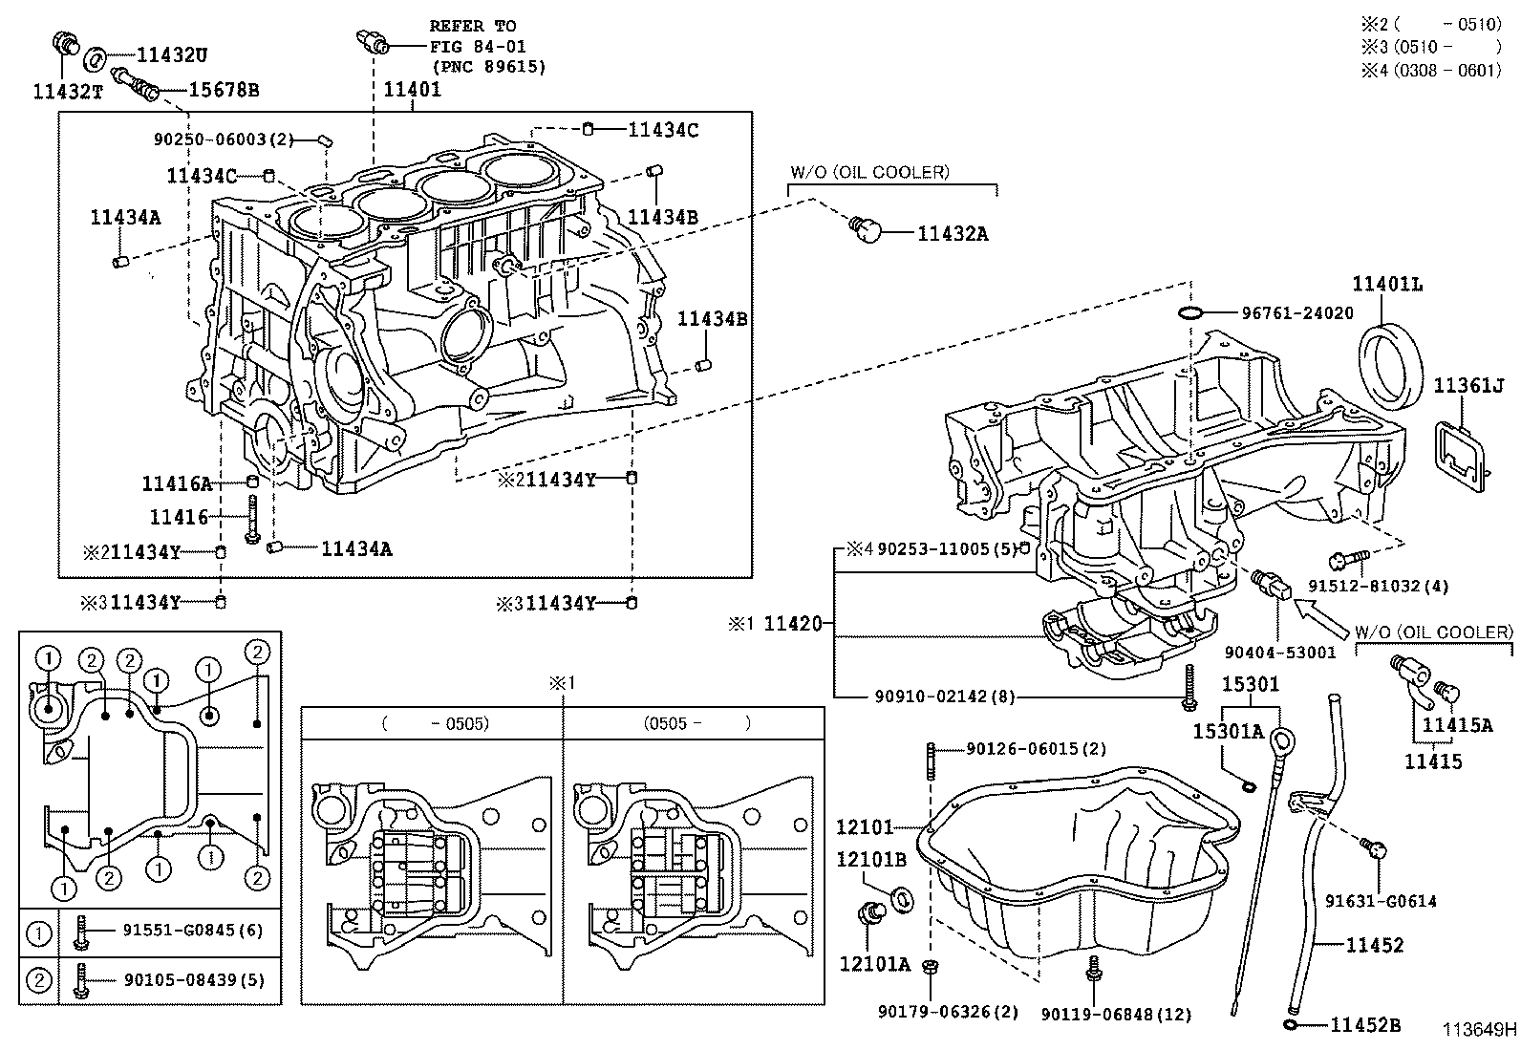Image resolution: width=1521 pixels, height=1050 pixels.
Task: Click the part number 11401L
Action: tap(1386, 284)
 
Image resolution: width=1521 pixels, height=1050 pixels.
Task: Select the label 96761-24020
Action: tap(1297, 312)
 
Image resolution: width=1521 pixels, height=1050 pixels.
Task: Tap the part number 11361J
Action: tap(1468, 386)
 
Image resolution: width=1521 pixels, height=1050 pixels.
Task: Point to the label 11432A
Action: tap(953, 233)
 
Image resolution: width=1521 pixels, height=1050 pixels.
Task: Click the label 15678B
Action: tap(224, 91)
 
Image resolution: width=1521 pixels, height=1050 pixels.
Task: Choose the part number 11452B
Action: tap(1365, 1025)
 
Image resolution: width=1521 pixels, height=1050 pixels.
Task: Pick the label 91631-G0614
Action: tap(1381, 901)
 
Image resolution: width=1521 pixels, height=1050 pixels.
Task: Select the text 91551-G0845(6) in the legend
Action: tap(193, 931)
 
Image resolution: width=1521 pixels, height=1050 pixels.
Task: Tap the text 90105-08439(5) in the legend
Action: tap(193, 980)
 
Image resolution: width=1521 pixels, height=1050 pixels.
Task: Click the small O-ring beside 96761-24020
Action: tap(1189, 312)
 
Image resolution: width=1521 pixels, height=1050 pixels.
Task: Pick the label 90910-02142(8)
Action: tap(947, 696)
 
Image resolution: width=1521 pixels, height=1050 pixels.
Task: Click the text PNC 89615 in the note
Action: tap(489, 67)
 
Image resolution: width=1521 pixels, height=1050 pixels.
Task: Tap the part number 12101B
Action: tap(871, 859)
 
